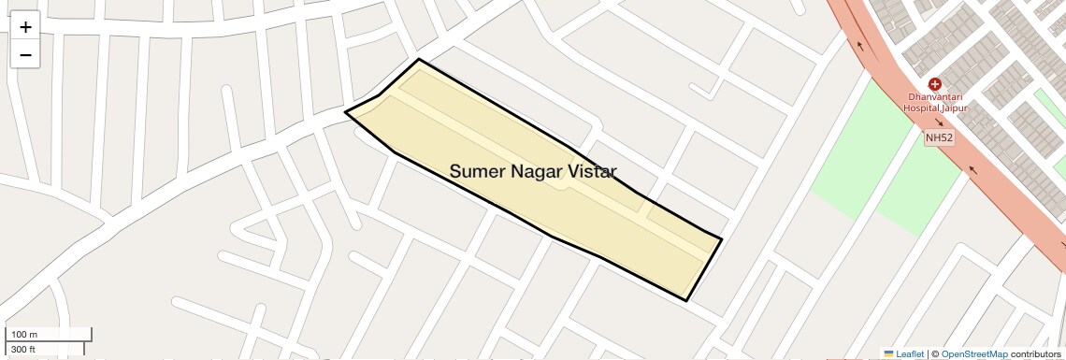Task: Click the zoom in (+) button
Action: (25, 27)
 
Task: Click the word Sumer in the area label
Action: (480, 171)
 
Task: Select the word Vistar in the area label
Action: (594, 171)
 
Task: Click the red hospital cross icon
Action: (934, 84)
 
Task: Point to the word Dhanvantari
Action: (934, 97)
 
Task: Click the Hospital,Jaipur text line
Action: (934, 108)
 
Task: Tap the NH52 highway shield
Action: (938, 138)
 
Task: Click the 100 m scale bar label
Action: (24, 335)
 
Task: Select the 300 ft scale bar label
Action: (23, 350)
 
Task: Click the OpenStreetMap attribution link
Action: (973, 354)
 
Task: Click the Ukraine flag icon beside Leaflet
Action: (888, 354)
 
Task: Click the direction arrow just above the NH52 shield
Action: (939, 122)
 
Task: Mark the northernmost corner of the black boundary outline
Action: (418, 59)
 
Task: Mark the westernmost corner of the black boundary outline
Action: (346, 111)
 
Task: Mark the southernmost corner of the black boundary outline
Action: (687, 301)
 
